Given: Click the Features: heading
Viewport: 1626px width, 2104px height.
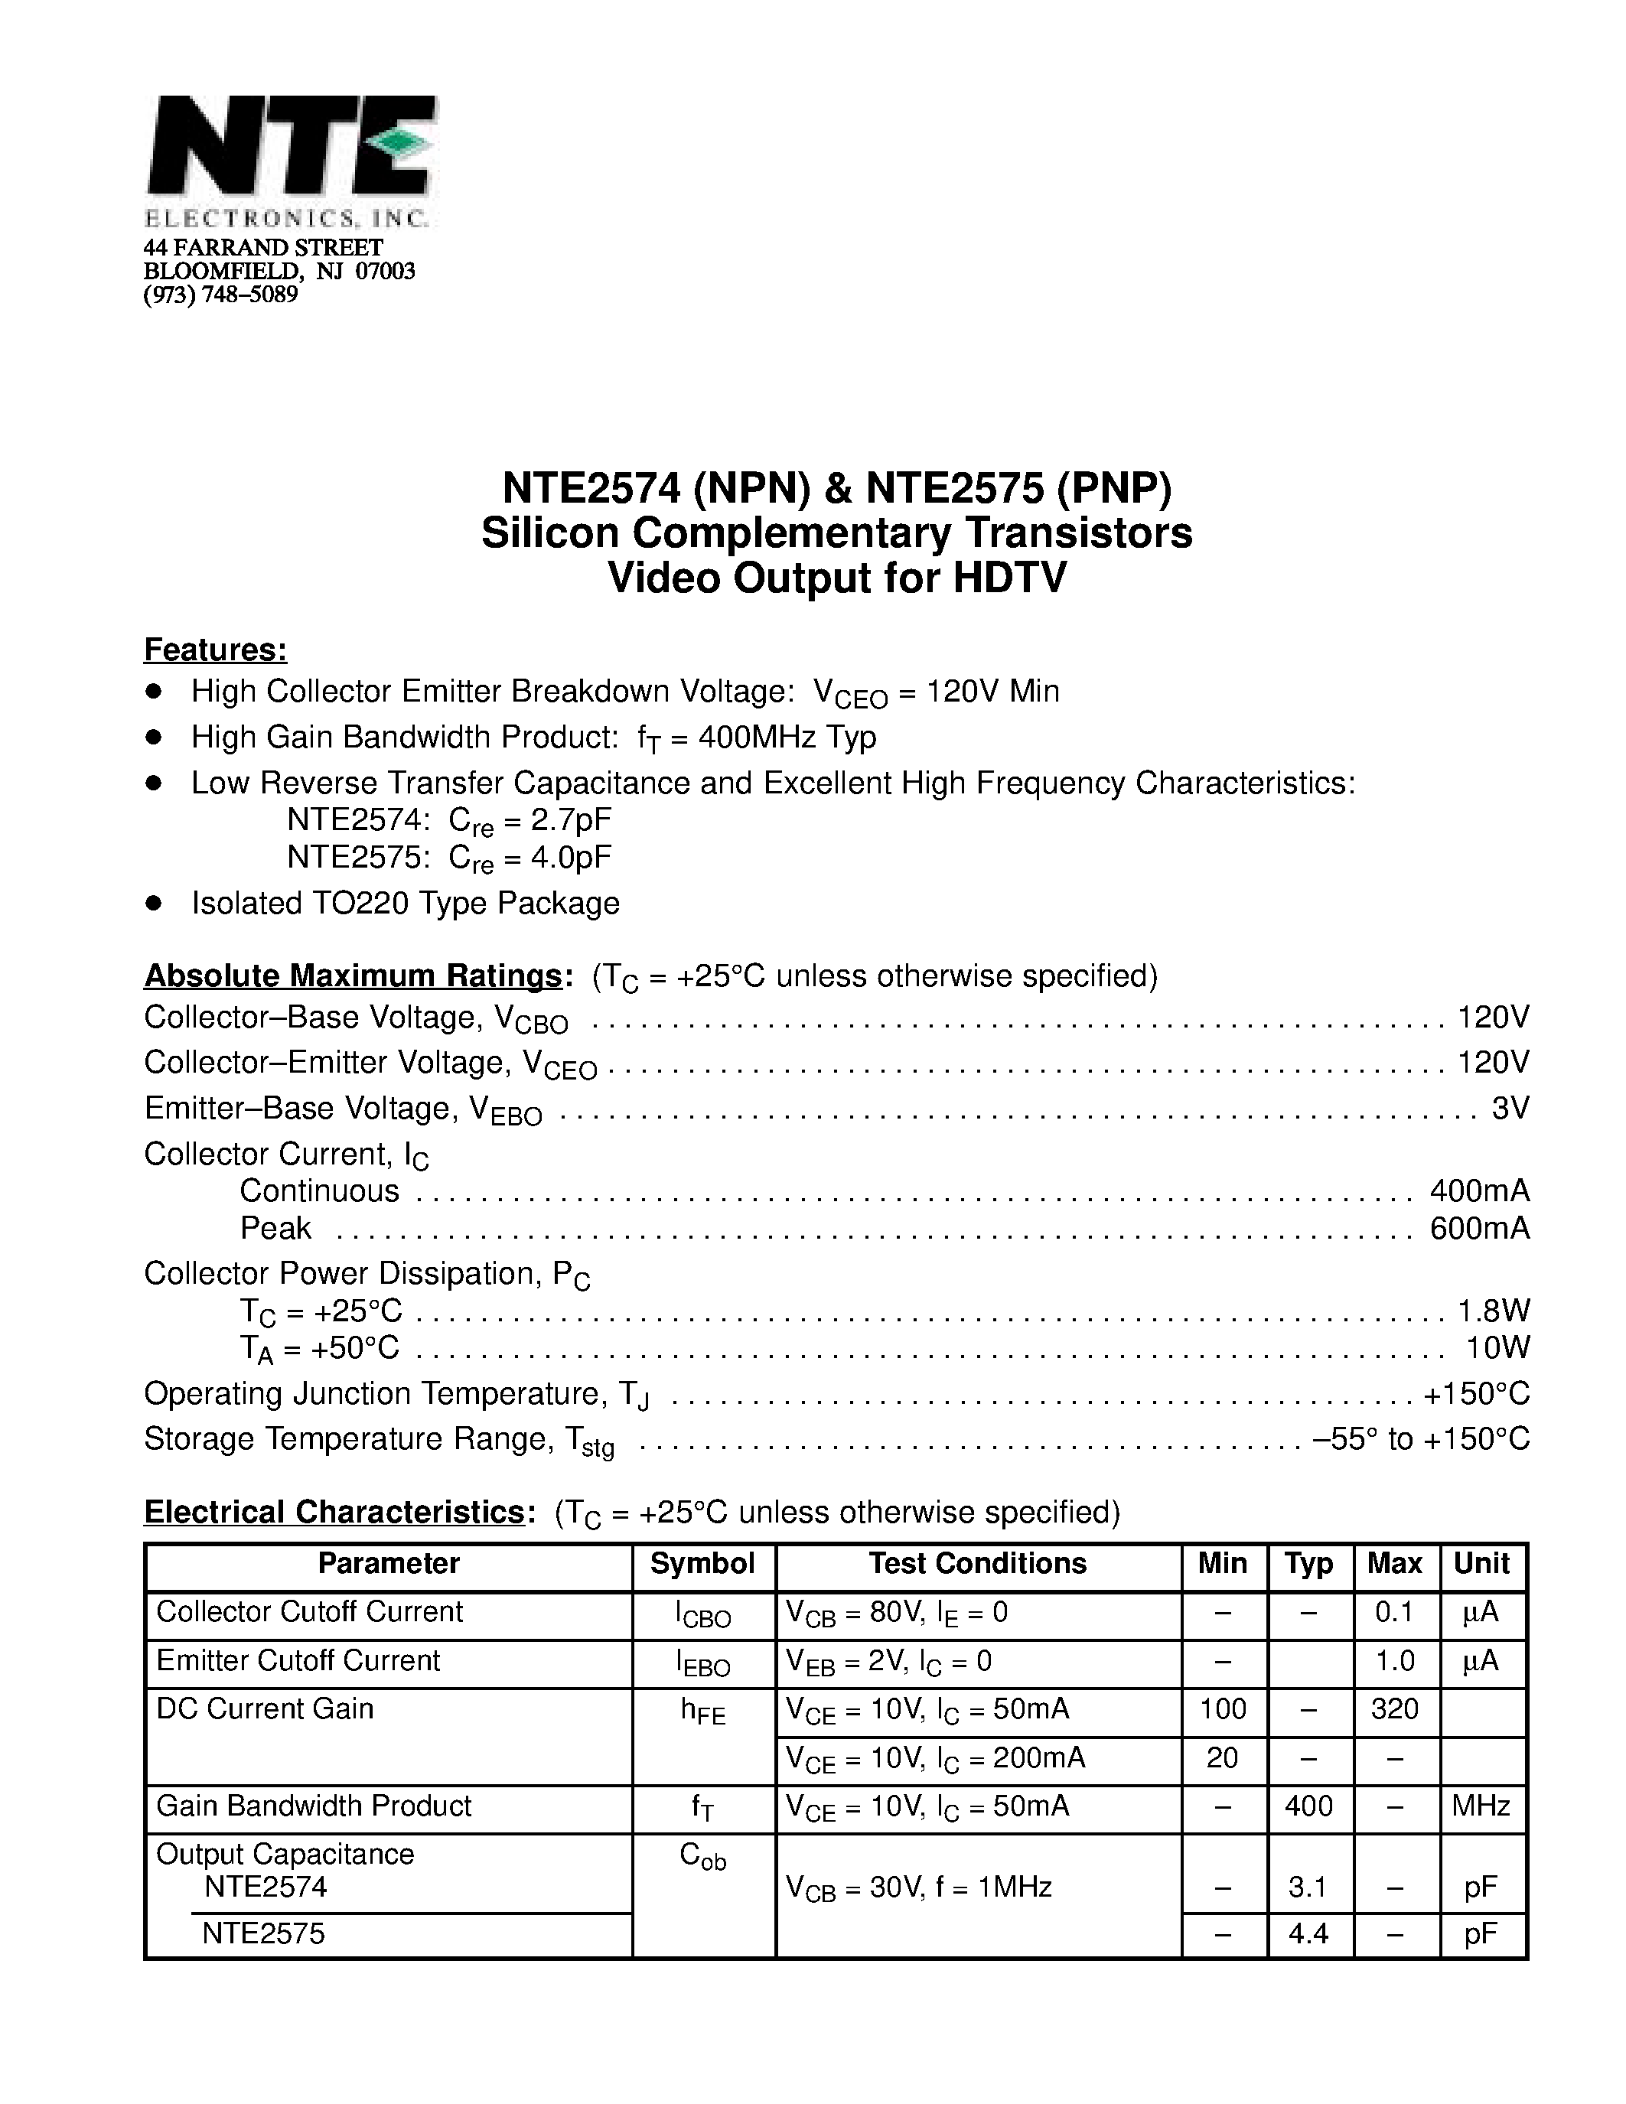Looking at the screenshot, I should (216, 650).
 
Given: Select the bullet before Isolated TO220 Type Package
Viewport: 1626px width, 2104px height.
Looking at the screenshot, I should (153, 903).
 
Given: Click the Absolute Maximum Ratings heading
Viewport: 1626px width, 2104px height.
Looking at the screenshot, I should (353, 976).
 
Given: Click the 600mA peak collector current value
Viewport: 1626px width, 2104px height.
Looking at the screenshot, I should (1480, 1228).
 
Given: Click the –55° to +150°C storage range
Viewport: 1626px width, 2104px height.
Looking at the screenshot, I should (1421, 1438).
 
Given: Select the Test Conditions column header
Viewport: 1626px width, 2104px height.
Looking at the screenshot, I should (977, 1562).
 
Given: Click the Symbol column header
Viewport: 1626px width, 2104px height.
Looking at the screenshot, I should (702, 1562).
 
